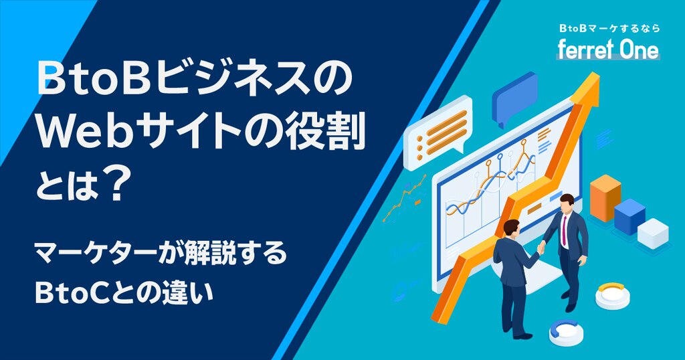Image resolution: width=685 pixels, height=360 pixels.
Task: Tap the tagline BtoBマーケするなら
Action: coord(609,28)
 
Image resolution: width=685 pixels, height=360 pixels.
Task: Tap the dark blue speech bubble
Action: coord(515,98)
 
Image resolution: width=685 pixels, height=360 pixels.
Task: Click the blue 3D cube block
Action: coord(629,217)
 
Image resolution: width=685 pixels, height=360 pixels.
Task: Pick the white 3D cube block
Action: coord(653,232)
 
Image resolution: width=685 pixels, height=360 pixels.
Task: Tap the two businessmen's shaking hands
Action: coord(541,248)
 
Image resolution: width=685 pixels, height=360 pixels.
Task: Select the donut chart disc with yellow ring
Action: coord(613,294)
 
